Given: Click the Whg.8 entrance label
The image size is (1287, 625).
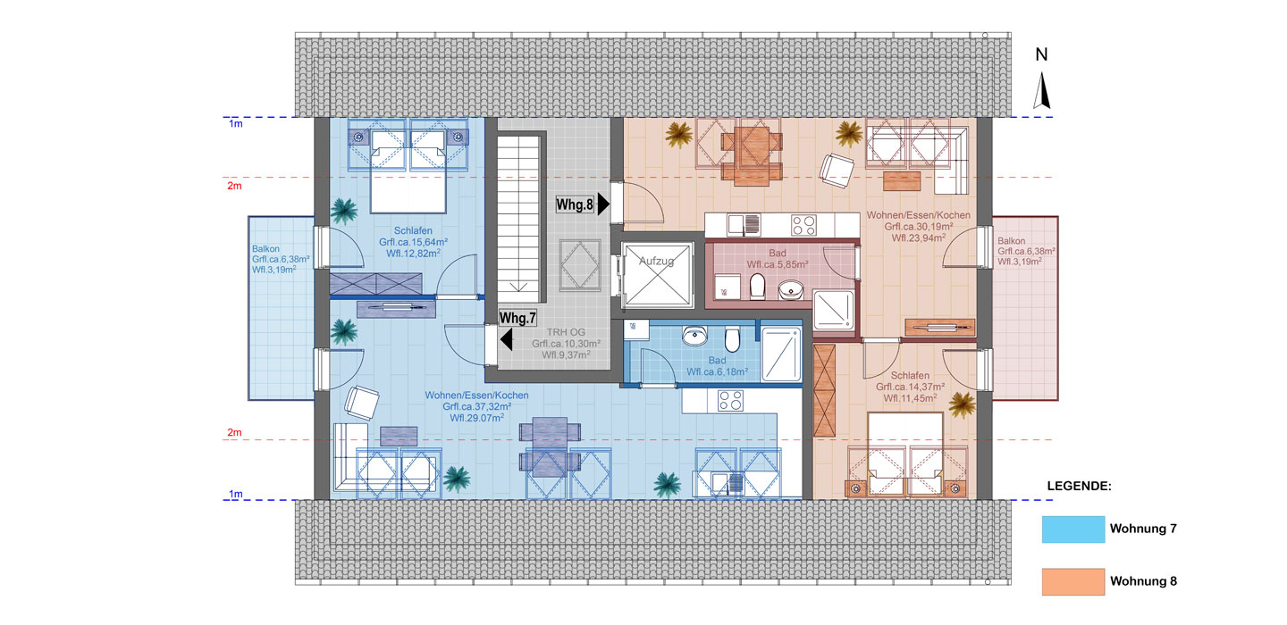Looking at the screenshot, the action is [x=575, y=204].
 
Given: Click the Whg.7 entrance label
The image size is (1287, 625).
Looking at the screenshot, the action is [x=517, y=318].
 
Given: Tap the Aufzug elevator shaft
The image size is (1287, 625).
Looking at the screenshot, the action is [x=657, y=274].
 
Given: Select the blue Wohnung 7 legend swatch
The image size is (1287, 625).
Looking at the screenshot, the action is [x=1072, y=529].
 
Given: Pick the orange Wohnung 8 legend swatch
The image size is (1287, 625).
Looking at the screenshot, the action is [x=1072, y=581].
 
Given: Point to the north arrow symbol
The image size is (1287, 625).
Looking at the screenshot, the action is [x=1042, y=91].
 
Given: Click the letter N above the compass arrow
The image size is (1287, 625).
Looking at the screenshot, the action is [x=1042, y=54].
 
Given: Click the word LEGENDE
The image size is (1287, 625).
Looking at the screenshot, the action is [x=1079, y=486].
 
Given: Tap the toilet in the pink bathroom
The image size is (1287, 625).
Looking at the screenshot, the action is [x=757, y=286].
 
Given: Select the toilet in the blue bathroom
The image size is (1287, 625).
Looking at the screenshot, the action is [x=732, y=339].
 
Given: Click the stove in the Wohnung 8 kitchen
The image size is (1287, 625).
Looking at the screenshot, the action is [x=803, y=225].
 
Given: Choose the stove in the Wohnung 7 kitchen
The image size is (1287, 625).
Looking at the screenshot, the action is [x=730, y=401].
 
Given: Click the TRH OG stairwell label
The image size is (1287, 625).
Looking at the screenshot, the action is [x=566, y=332].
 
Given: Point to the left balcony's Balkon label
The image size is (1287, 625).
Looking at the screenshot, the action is [x=265, y=249].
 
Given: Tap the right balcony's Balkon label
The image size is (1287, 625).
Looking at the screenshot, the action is [x=1011, y=241].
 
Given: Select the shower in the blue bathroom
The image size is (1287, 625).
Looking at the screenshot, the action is [x=781, y=354].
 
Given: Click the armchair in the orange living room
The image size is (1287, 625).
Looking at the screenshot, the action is [x=837, y=171].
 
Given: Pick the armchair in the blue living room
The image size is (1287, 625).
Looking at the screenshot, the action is [x=361, y=403].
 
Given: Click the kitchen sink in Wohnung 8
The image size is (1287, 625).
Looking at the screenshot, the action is [x=744, y=225].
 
